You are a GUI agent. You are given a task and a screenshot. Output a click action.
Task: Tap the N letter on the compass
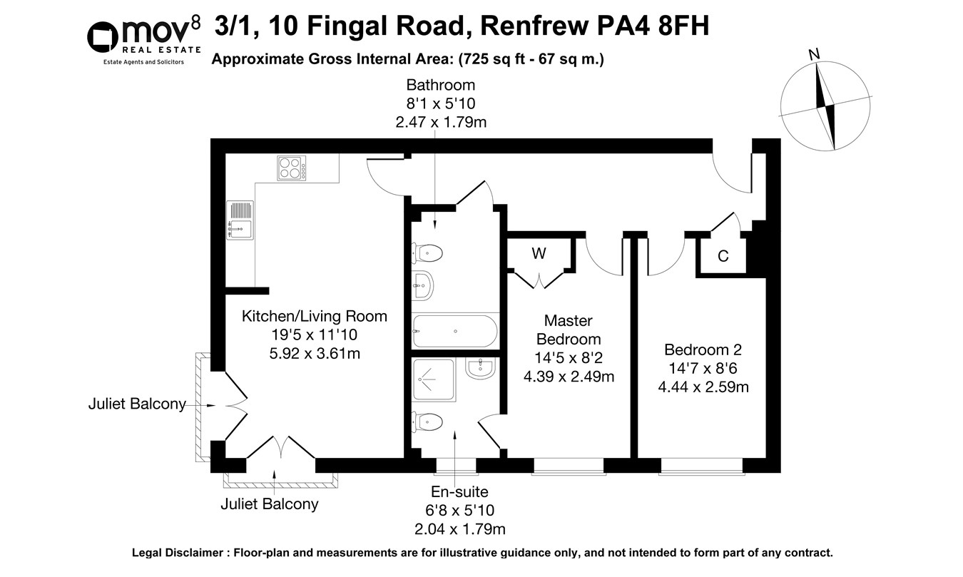pyautogui.click(x=814, y=55)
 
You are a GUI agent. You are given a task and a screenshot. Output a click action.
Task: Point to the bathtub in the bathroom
pyautogui.click(x=454, y=330)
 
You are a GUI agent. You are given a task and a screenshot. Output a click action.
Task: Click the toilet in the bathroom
pyautogui.click(x=428, y=252)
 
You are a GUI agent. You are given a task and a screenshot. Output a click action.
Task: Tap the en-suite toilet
pyautogui.click(x=428, y=422)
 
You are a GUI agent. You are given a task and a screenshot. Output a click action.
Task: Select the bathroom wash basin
pyautogui.click(x=423, y=286)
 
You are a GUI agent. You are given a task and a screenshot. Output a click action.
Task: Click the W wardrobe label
pyautogui.click(x=539, y=253)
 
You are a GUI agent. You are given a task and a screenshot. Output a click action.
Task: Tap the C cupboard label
pyautogui.click(x=723, y=257)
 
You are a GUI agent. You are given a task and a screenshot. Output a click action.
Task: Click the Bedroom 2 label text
pyautogui.click(x=703, y=350)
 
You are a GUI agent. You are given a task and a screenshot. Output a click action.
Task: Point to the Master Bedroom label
pyautogui.click(x=569, y=330)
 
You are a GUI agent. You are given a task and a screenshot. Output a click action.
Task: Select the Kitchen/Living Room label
pyautogui.click(x=315, y=316)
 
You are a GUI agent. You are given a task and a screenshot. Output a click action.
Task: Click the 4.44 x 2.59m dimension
pyautogui.click(x=703, y=387)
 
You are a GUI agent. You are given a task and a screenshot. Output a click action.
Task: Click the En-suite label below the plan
pyautogui.click(x=460, y=492)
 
